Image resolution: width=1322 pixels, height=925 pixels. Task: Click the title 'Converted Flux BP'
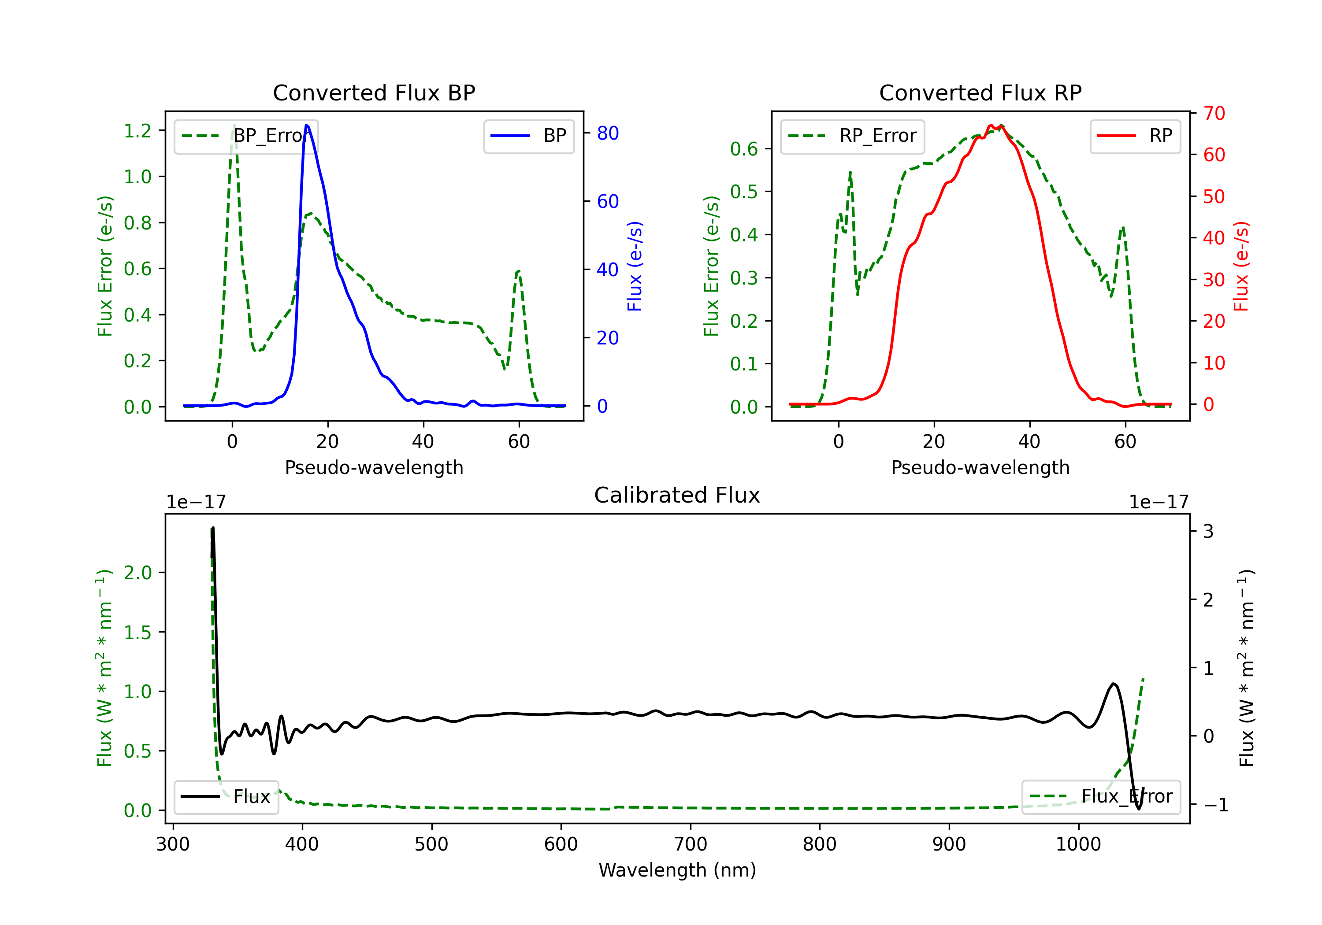(374, 92)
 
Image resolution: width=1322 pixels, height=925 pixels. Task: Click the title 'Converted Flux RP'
(980, 92)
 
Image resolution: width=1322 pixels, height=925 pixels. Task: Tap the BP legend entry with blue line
(528, 136)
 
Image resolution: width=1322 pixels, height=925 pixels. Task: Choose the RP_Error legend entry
(852, 136)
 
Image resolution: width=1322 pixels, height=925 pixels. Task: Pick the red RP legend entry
(1135, 136)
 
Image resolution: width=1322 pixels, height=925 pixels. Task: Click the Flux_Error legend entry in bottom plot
(1100, 797)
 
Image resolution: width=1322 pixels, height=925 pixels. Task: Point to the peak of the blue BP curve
(306, 125)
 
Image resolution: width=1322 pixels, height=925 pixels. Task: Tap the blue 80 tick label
(607, 133)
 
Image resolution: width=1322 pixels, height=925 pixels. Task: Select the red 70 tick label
(1214, 113)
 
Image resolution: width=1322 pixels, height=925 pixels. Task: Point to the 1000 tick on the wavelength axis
(1078, 844)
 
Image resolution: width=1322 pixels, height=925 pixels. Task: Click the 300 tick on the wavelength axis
(173, 844)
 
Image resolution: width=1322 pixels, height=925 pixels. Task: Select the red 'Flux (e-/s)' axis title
(1241, 266)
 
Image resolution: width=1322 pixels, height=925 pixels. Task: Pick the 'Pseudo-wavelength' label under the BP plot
(374, 467)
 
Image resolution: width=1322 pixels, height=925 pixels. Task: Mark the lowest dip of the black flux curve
(1138, 809)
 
